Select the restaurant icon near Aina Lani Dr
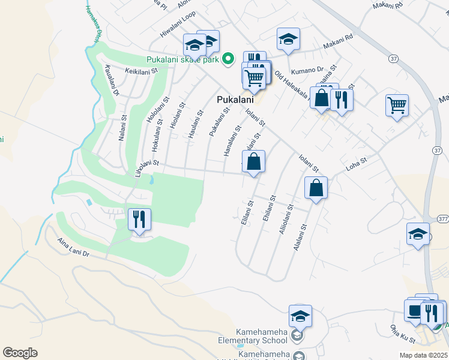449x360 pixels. point(139,220)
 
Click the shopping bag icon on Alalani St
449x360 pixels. point(316,188)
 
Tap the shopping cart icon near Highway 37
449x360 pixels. point(397,106)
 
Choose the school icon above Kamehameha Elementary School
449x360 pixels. point(300,316)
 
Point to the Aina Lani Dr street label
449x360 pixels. point(73,247)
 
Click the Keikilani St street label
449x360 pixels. point(140,71)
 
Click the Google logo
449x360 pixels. point(20,353)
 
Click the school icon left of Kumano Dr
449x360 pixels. point(288,40)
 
